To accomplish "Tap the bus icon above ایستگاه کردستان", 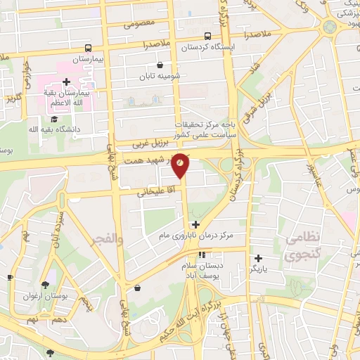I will click(207, 36).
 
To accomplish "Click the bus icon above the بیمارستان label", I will click(89, 49).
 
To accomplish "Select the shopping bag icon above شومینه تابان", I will click(160, 65).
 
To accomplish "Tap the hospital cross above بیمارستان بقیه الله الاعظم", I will click(66, 82).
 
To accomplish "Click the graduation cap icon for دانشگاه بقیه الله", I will click(54, 118).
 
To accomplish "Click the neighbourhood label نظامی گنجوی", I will click(304, 248).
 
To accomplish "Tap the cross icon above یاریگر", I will click(259, 257).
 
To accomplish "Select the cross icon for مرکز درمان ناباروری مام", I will click(195, 225).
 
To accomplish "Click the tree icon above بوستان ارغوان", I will click(45, 285).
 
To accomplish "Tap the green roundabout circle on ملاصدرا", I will click(329, 27).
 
